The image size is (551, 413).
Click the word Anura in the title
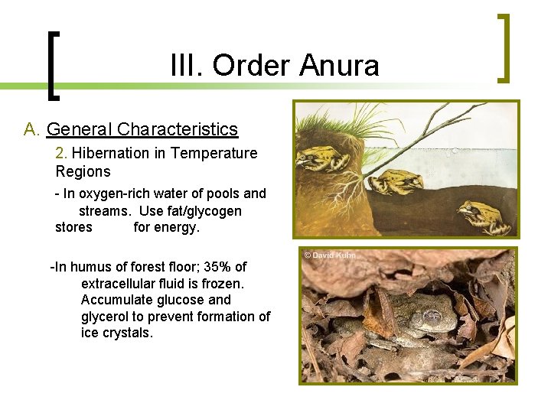pos(339,66)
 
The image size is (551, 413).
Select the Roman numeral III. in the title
pos(185,66)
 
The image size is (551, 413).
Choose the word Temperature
pos(214,153)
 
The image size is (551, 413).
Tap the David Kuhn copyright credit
pos(330,255)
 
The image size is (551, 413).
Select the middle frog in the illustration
pos(391,181)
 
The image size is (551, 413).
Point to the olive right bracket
pos(503,47)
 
